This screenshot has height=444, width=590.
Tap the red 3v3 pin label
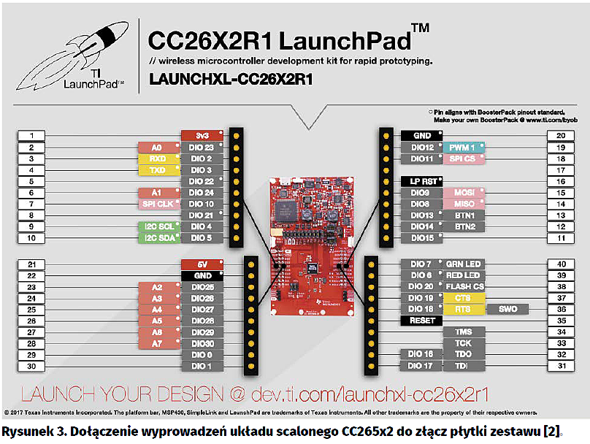click(x=201, y=136)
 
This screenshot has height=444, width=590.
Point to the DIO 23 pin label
click(x=201, y=148)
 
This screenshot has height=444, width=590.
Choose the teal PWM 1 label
click(x=462, y=148)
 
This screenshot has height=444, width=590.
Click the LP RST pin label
click(x=421, y=181)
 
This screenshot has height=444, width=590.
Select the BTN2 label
click(x=464, y=227)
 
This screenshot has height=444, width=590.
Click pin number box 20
click(x=561, y=136)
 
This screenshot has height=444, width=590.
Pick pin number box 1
click(x=31, y=136)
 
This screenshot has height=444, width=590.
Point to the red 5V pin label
click(x=201, y=264)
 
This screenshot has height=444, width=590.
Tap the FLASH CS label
click(x=464, y=286)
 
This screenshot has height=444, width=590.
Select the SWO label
click(x=508, y=310)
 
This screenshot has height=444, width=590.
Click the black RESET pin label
click(x=421, y=321)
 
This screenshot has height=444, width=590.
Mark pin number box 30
click(x=31, y=366)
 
